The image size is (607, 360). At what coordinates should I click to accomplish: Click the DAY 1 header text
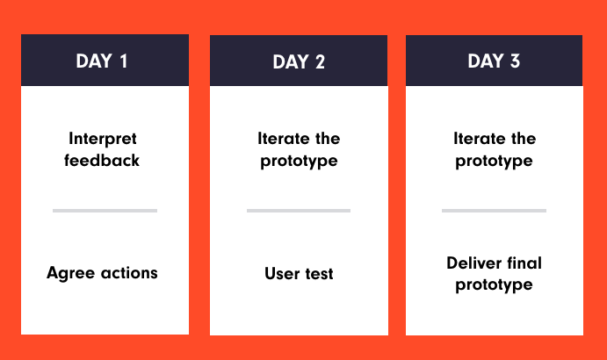tap(101, 61)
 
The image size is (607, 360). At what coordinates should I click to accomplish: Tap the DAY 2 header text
tap(299, 62)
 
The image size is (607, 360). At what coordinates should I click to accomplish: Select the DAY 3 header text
tap(494, 61)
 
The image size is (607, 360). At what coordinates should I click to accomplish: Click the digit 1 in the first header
tap(124, 61)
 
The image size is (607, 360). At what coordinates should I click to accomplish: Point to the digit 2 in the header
tap(320, 62)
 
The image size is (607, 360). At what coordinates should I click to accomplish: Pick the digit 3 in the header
tap(515, 61)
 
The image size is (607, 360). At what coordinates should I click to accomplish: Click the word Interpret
tap(103, 139)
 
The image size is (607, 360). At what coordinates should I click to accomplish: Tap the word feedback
tap(102, 161)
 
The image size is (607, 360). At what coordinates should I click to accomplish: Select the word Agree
tap(71, 274)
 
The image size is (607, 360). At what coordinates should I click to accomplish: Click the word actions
tap(129, 273)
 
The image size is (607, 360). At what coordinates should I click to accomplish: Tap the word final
tap(524, 263)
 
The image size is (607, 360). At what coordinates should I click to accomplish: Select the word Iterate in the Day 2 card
tap(284, 139)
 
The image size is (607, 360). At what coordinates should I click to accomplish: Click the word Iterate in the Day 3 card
tap(480, 139)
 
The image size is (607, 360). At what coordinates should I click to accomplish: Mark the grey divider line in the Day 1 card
tap(105, 211)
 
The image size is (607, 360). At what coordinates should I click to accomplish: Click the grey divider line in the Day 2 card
tap(299, 211)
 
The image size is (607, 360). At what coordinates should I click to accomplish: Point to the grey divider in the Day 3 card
tap(494, 211)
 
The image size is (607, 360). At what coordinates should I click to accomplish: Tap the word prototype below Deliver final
tap(494, 285)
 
